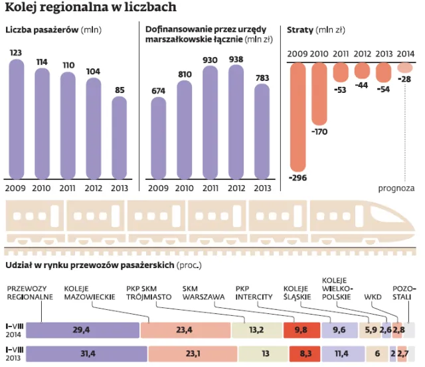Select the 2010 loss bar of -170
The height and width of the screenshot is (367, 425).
pyautogui.click(x=319, y=93)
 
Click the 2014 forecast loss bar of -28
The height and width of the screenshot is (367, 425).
pyautogui.click(x=405, y=68)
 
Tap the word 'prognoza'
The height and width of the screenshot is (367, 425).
pyautogui.click(x=397, y=188)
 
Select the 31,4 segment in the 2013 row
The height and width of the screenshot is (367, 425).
pyautogui.click(x=82, y=354)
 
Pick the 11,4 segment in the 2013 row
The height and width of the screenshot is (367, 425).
pyautogui.click(x=343, y=354)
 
